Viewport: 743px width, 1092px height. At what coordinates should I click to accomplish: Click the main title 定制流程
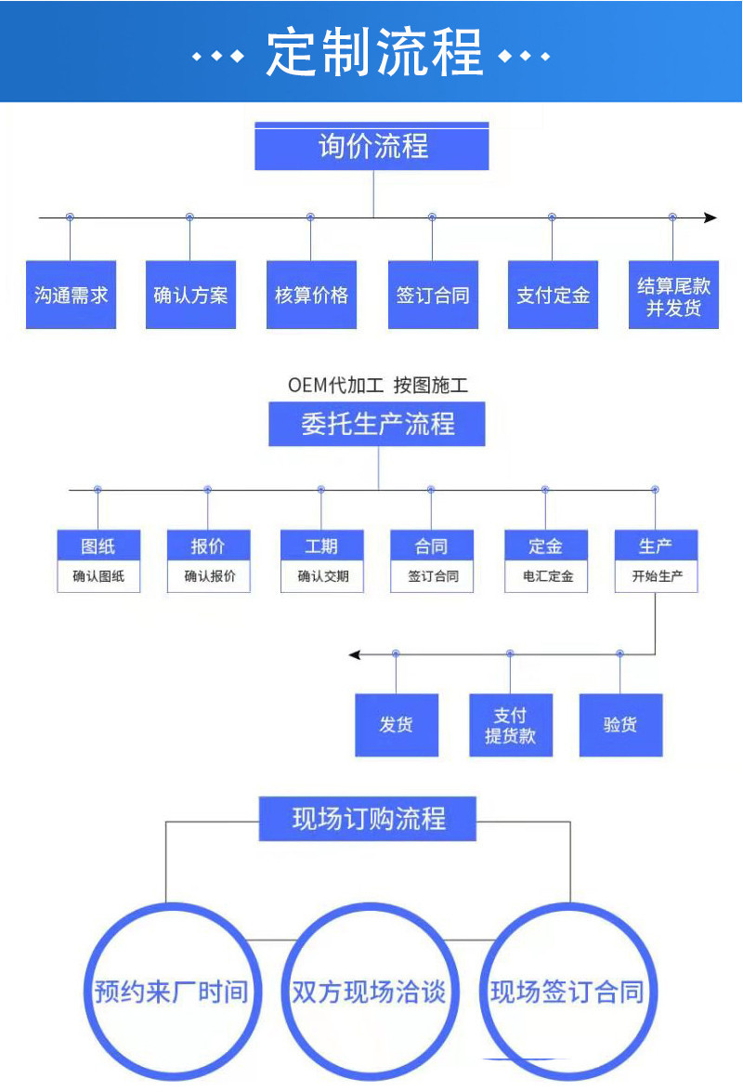click(x=373, y=52)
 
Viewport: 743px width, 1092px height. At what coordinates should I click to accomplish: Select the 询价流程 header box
click(x=371, y=147)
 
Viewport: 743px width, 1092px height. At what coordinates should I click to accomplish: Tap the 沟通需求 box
click(x=72, y=296)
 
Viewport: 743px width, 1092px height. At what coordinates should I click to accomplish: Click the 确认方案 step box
click(x=190, y=296)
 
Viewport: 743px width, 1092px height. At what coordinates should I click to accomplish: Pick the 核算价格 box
click(x=311, y=296)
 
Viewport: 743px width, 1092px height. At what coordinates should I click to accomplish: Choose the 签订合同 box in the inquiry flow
click(x=433, y=296)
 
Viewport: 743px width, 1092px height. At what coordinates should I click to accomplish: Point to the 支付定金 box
click(x=553, y=296)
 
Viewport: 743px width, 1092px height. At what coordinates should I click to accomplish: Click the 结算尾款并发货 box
click(x=673, y=296)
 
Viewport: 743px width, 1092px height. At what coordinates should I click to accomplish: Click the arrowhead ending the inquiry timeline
click(x=710, y=217)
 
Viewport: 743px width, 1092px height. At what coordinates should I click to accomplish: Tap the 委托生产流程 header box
click(x=377, y=425)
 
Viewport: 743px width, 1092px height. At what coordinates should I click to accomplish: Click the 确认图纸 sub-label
click(x=98, y=576)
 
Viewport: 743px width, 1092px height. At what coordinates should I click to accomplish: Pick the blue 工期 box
click(x=321, y=546)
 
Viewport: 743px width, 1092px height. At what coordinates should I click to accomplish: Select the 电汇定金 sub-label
click(x=546, y=576)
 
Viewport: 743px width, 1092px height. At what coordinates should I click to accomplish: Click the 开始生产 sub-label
click(x=657, y=576)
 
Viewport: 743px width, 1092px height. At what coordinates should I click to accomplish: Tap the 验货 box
click(x=620, y=725)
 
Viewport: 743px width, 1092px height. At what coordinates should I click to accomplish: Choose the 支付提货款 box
click(x=511, y=725)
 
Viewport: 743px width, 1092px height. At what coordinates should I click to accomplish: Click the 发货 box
click(x=397, y=725)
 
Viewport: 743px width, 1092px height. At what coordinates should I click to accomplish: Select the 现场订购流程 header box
click(x=368, y=819)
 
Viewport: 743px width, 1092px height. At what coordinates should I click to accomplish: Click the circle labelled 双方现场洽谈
click(x=369, y=991)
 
